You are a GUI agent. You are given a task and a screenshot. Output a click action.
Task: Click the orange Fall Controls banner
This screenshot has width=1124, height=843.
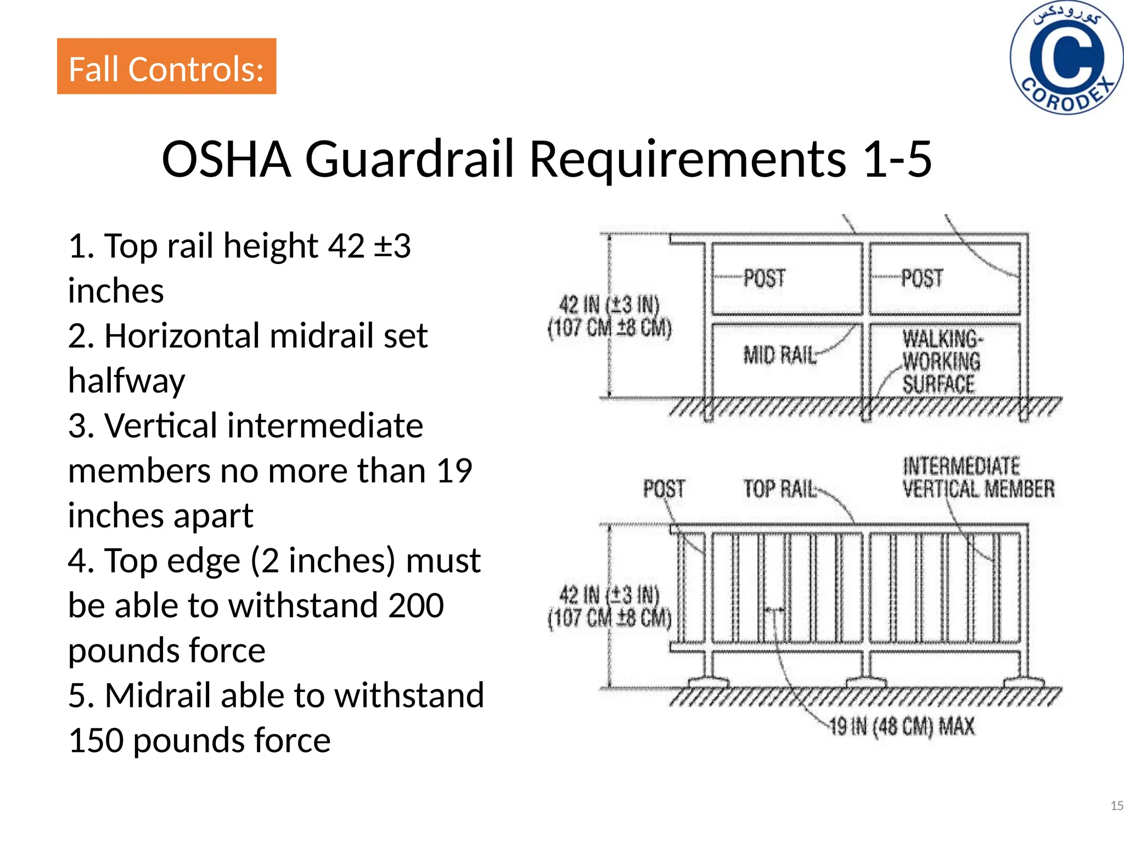tap(166, 66)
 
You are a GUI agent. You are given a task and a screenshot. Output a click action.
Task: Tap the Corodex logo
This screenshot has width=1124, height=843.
tap(1066, 58)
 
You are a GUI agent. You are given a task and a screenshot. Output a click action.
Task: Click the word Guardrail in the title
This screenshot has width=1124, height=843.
tap(409, 159)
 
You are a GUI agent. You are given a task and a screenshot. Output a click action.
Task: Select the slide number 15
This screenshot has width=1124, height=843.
tap(1116, 806)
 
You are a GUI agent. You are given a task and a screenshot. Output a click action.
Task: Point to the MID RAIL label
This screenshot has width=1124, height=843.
tap(780, 356)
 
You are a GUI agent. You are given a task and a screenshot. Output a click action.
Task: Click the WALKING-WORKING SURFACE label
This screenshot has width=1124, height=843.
tap(942, 362)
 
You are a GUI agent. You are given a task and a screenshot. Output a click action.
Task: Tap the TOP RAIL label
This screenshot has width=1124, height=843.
tap(780, 488)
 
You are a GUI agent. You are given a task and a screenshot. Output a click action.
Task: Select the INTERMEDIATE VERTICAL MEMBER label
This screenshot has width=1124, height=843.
tap(979, 477)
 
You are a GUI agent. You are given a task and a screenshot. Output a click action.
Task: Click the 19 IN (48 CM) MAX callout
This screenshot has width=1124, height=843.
tap(902, 727)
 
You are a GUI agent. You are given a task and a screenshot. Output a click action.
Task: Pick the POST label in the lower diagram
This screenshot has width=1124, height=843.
tap(664, 488)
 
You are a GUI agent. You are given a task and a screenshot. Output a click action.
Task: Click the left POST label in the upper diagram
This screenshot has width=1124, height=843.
tap(765, 278)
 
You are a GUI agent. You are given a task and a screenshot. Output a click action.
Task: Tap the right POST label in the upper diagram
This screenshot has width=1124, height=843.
tap(922, 278)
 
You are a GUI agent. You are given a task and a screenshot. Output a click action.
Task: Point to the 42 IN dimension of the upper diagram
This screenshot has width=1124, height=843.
tap(609, 316)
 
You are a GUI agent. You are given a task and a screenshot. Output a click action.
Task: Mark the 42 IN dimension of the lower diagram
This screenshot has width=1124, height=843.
tap(609, 606)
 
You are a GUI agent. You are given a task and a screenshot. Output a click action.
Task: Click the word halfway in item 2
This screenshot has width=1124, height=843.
tap(127, 381)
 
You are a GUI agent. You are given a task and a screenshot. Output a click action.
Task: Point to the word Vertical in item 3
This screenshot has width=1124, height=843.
tap(161, 425)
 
